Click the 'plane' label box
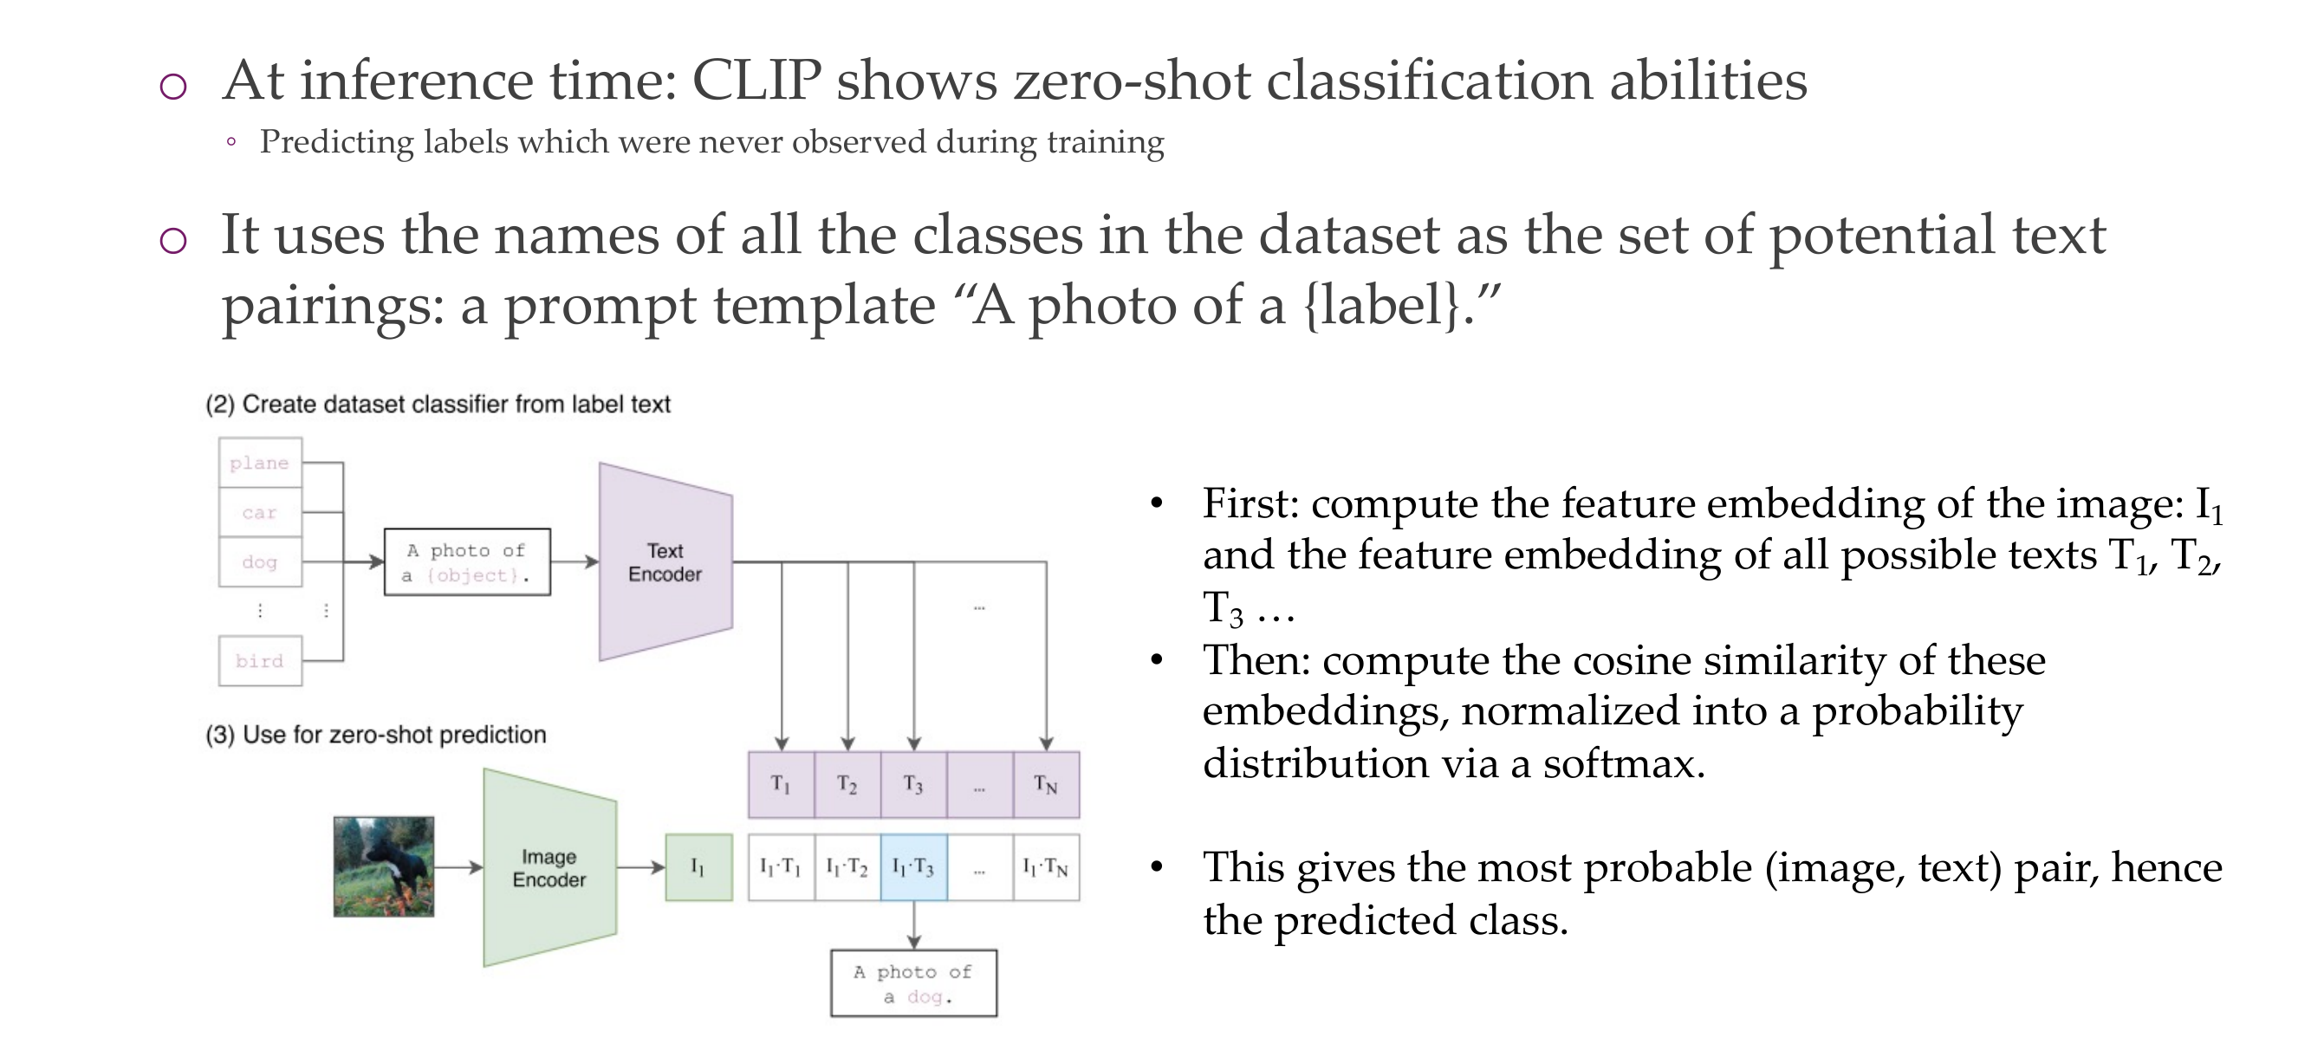coord(260,463)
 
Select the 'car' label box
coord(260,512)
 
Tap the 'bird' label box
coord(260,661)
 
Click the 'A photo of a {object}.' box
coord(466,562)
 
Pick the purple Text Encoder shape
coord(665,562)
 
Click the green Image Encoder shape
coord(549,867)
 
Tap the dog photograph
coord(384,866)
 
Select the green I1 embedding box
coord(698,867)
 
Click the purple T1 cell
coord(782,785)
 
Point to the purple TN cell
coord(1046,785)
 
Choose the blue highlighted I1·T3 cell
coord(913,867)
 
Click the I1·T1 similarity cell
coord(782,867)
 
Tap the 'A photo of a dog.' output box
coord(913,983)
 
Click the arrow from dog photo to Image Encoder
coord(458,867)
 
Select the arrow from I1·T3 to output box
coord(913,924)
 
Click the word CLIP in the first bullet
coord(756,81)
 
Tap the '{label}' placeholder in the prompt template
coord(1381,305)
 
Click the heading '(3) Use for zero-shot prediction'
coord(376,735)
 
